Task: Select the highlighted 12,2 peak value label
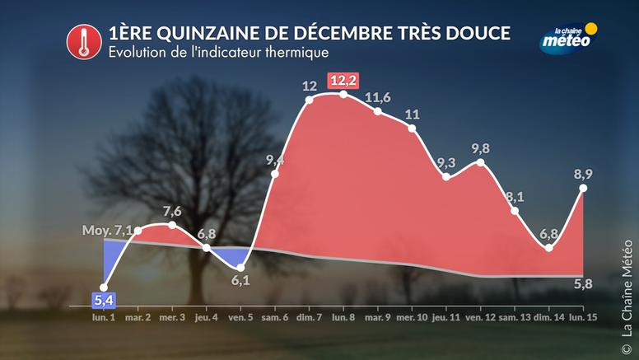click(x=343, y=81)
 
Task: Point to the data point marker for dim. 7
click(x=310, y=101)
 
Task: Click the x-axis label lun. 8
click(x=343, y=317)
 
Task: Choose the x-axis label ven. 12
click(x=481, y=317)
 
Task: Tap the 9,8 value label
click(x=478, y=147)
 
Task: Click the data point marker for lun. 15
click(x=584, y=189)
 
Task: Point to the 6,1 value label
click(x=240, y=281)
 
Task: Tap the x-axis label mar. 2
click(x=137, y=317)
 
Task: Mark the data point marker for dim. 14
click(x=549, y=248)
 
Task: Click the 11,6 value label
click(x=377, y=98)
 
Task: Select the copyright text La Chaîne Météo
click(x=629, y=284)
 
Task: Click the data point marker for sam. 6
click(x=275, y=173)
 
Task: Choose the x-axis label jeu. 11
click(x=446, y=317)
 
